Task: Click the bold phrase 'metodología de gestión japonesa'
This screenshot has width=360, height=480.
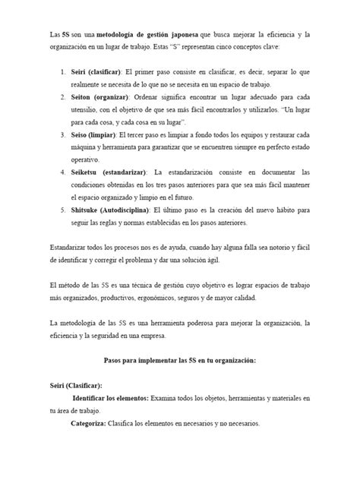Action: [130, 35]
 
